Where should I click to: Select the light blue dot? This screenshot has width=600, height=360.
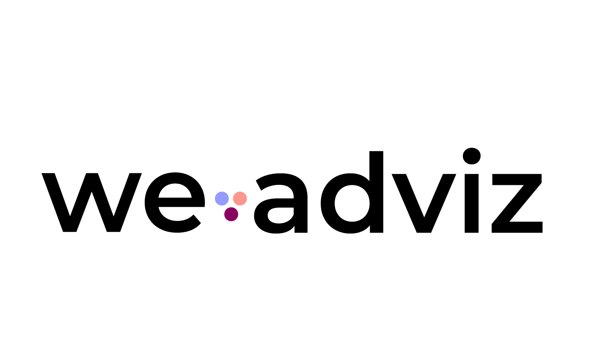click(x=222, y=198)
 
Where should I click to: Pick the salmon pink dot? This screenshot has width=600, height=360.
click(x=240, y=198)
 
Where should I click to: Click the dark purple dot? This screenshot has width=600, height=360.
click(x=231, y=214)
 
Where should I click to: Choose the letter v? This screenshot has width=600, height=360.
click(x=424, y=203)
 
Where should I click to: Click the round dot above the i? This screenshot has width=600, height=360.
click(x=471, y=156)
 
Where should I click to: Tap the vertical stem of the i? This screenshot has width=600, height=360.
click(x=471, y=203)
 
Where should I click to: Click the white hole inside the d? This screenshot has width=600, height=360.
click(x=352, y=203)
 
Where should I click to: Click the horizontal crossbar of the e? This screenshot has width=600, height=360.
click(x=174, y=203)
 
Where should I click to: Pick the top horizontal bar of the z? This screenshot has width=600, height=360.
click(x=517, y=179)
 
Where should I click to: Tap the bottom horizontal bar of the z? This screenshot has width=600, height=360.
click(x=517, y=227)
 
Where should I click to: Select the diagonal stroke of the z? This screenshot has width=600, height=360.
click(x=517, y=203)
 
